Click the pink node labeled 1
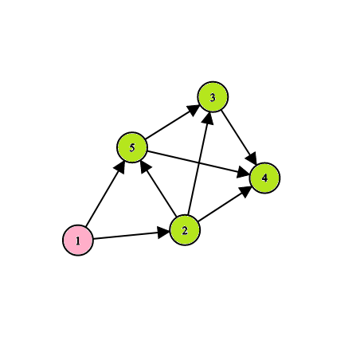coord(78,241)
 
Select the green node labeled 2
coord(185,230)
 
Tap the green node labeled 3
coord(213,97)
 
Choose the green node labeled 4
coord(264,178)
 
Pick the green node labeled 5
coord(132,147)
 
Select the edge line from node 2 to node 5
coord(158,189)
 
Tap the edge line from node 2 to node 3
coord(199,163)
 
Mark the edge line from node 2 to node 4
coord(225,204)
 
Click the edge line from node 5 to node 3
coord(173,122)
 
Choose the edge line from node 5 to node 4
coord(198,162)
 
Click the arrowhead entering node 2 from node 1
coord(163,233)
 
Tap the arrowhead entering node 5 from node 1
coord(120,166)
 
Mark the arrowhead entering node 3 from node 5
coord(194,110)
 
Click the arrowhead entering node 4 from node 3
coord(252,158)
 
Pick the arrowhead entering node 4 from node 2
coord(245,190)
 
